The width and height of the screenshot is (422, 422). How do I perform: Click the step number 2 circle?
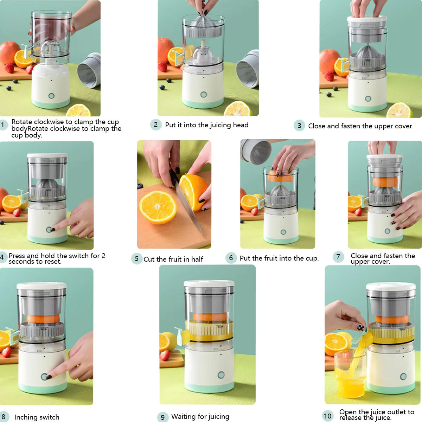click(x=156, y=124)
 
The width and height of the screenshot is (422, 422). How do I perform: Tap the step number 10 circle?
click(x=327, y=416)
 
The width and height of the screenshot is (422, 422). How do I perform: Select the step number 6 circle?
click(x=231, y=258)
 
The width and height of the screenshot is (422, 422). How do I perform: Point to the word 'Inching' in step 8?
click(x=26, y=417)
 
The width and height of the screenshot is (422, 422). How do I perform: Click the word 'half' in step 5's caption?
click(x=197, y=259)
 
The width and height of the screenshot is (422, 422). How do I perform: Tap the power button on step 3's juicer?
click(x=368, y=99)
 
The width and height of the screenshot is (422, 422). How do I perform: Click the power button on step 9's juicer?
click(x=221, y=375)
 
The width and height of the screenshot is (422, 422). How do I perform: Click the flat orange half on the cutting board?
click(x=158, y=207)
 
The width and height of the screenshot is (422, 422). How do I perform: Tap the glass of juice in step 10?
click(x=350, y=376)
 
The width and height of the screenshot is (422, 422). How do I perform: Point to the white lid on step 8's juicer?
click(x=41, y=286)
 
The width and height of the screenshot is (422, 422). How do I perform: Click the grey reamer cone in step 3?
click(x=367, y=53)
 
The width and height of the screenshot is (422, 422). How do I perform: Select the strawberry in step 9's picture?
click(x=165, y=355)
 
